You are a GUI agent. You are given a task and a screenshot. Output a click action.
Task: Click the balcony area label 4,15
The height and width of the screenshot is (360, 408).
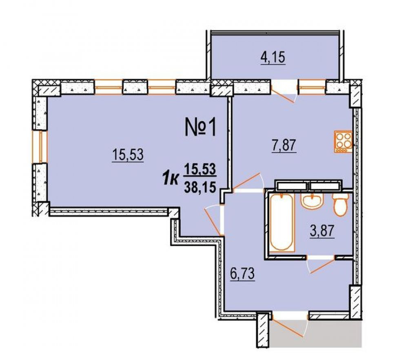(273, 58)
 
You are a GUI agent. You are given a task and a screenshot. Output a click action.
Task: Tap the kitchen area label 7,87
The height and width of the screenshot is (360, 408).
(284, 146)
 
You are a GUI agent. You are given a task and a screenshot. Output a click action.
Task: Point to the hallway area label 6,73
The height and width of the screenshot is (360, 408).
(242, 274)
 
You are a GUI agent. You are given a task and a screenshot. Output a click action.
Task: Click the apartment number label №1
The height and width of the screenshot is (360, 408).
(200, 127)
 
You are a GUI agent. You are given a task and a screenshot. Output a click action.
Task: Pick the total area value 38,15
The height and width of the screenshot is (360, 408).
(200, 187)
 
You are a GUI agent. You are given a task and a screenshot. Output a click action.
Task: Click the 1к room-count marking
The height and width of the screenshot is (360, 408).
(171, 179)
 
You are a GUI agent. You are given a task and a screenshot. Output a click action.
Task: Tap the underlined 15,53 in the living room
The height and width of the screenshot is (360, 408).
(128, 155)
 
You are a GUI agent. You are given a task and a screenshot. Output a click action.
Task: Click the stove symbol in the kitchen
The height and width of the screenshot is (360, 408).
(343, 141)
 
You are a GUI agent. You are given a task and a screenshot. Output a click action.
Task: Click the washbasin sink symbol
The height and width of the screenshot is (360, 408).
(312, 201)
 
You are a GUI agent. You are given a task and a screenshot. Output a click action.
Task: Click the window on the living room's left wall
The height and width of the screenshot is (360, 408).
(40, 147)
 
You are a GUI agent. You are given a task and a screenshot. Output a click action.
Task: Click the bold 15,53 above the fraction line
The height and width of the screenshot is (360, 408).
(200, 169)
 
